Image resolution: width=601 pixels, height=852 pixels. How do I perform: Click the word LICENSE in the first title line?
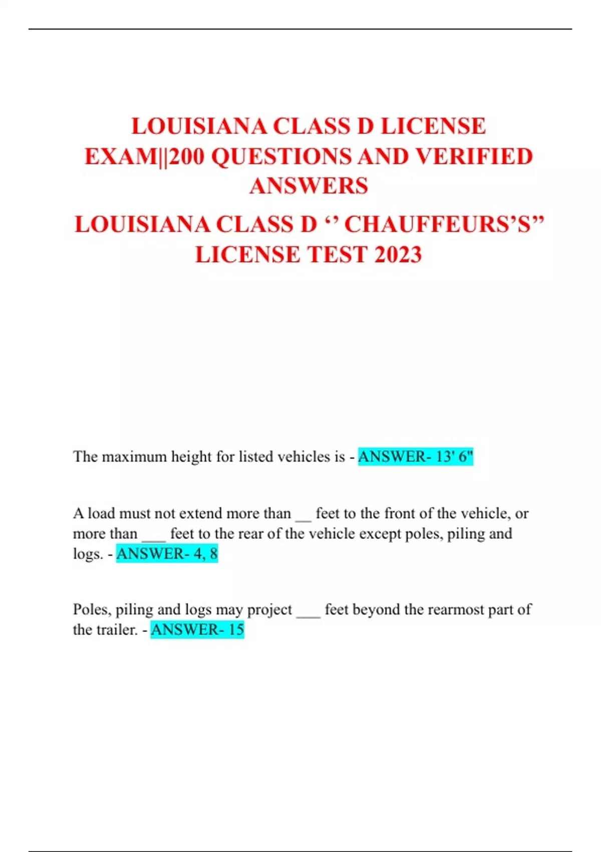[x=433, y=126]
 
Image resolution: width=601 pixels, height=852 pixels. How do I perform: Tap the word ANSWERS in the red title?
[x=309, y=186]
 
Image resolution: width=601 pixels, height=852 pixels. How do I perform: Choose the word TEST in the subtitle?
[x=338, y=255]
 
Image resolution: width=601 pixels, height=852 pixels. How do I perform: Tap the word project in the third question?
[x=269, y=609]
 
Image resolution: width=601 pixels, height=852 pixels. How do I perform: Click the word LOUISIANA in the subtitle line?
[x=142, y=224]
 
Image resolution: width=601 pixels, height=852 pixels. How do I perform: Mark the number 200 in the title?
[x=187, y=156]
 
